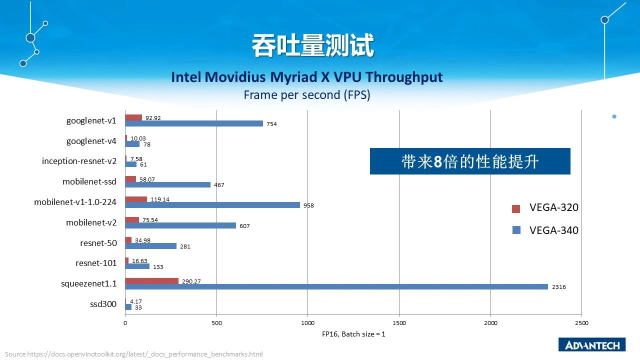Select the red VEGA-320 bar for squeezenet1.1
tap(151, 281)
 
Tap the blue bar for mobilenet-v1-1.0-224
tap(212, 205)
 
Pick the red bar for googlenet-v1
tap(133, 117)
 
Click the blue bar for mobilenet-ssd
tap(167, 184)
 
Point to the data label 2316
tap(559, 287)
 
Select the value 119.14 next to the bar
tap(160, 199)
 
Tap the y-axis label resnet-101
tap(96, 263)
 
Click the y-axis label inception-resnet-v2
tap(79, 161)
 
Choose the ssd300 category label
tap(103, 304)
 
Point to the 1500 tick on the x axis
tap(399, 323)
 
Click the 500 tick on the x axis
tap(216, 323)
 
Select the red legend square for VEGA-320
tap(516, 208)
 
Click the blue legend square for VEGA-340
tap(516, 230)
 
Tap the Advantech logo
tap(592, 345)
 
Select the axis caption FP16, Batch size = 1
tap(353, 334)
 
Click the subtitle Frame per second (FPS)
tap(306, 95)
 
